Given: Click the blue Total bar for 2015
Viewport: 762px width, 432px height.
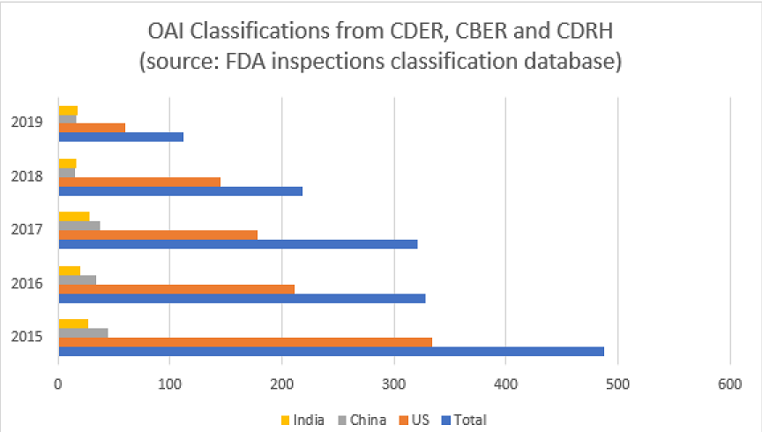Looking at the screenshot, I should (331, 351).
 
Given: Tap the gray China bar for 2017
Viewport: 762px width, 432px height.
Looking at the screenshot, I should (79, 225).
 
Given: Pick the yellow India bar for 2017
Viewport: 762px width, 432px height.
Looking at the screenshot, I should (74, 215).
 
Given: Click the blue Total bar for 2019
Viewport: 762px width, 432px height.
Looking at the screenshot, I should (121, 137).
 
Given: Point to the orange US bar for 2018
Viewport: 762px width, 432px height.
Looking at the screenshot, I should (139, 181).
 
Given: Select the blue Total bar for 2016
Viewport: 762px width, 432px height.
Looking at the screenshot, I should (242, 298).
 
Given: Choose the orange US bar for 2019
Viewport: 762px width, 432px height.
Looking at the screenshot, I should (92, 127).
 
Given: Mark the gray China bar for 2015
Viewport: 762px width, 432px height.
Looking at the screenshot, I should (83, 332).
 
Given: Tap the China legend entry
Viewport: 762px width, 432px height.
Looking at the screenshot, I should (362, 420).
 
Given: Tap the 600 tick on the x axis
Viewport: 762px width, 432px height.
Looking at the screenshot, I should (729, 384).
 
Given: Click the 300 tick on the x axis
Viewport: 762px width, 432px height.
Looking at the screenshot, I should (393, 384).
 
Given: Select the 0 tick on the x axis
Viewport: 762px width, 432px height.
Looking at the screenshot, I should (58, 384).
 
